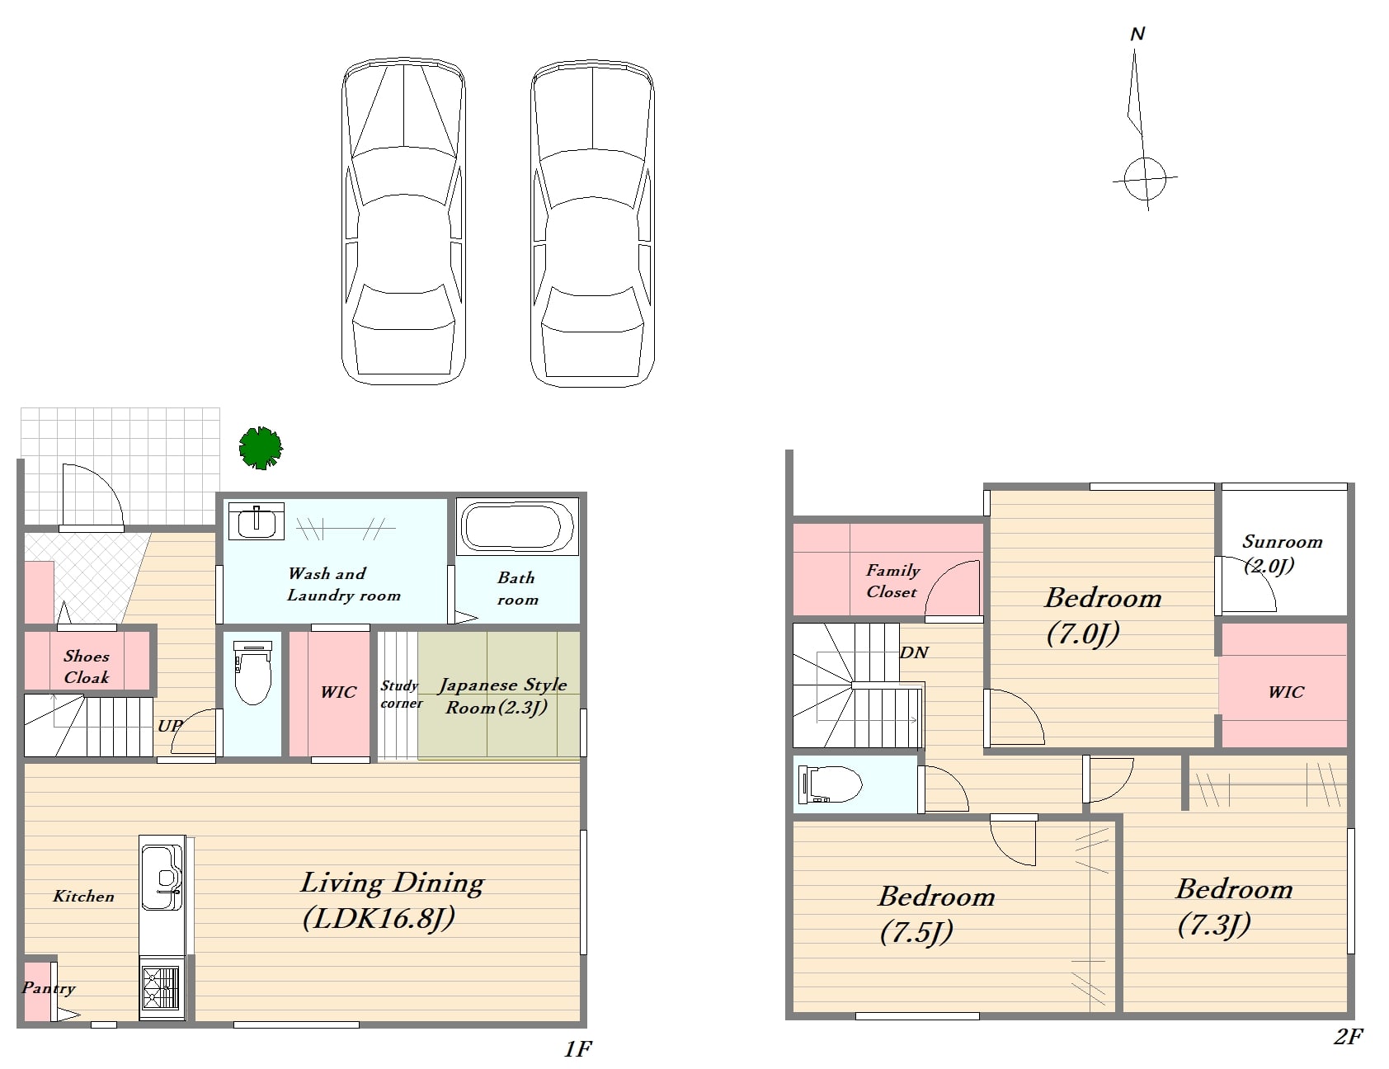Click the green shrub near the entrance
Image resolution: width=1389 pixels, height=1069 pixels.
261,448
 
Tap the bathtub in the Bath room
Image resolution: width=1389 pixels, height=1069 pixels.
517,526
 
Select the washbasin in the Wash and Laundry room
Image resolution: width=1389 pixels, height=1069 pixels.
256,521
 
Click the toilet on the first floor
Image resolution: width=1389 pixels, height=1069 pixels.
252,672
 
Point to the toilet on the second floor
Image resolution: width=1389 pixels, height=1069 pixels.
830,784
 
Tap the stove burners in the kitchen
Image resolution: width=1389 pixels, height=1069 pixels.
161,988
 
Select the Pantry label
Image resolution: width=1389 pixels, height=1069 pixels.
49,988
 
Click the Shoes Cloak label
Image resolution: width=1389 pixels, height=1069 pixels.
87,666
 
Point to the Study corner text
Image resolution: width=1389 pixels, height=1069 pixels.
401,695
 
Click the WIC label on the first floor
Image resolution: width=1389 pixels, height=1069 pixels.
338,692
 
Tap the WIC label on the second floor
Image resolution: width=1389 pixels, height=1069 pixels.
1286,692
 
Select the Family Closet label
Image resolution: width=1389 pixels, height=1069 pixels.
892,581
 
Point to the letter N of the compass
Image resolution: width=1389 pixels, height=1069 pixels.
1137,34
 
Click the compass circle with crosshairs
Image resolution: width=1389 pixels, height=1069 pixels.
1145,178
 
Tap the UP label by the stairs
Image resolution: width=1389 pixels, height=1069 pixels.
169,726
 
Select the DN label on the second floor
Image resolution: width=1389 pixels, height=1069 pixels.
914,652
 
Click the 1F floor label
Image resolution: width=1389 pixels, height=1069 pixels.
578,1048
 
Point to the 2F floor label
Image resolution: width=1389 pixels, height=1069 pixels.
1349,1037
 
